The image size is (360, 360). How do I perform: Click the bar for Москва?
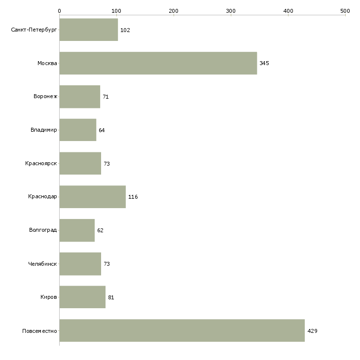pyautogui.click(x=158, y=63)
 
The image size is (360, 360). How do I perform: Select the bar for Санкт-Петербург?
pyautogui.click(x=89, y=30)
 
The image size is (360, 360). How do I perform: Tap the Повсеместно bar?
pyautogui.click(x=182, y=330)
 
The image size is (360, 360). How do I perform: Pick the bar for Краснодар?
pyautogui.click(x=93, y=197)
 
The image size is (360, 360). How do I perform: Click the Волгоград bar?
pyautogui.click(x=77, y=230)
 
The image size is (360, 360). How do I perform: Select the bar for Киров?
pyautogui.click(x=82, y=297)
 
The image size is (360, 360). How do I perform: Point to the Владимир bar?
pyautogui.click(x=78, y=130)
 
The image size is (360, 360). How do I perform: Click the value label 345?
pyautogui.click(x=264, y=63)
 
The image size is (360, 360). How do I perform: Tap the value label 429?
pyautogui.click(x=312, y=331)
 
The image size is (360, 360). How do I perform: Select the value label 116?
pyautogui.click(x=133, y=197)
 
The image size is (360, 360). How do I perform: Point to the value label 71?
pyautogui.click(x=106, y=97)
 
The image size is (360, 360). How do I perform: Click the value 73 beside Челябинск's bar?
pyautogui.click(x=107, y=264)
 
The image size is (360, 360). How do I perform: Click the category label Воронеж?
pyautogui.click(x=45, y=97)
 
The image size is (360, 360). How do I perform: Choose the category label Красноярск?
pyautogui.click(x=41, y=163)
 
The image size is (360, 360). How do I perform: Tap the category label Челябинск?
pyautogui.click(x=42, y=264)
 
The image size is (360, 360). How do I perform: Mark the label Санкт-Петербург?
pyautogui.click(x=34, y=30)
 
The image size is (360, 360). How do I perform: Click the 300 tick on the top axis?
pyautogui.click(x=231, y=11)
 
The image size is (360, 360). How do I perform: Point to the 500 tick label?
pyautogui.click(x=345, y=11)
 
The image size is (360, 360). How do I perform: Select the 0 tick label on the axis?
pyautogui.click(x=60, y=11)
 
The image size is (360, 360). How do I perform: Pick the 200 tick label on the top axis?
pyautogui.click(x=174, y=11)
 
